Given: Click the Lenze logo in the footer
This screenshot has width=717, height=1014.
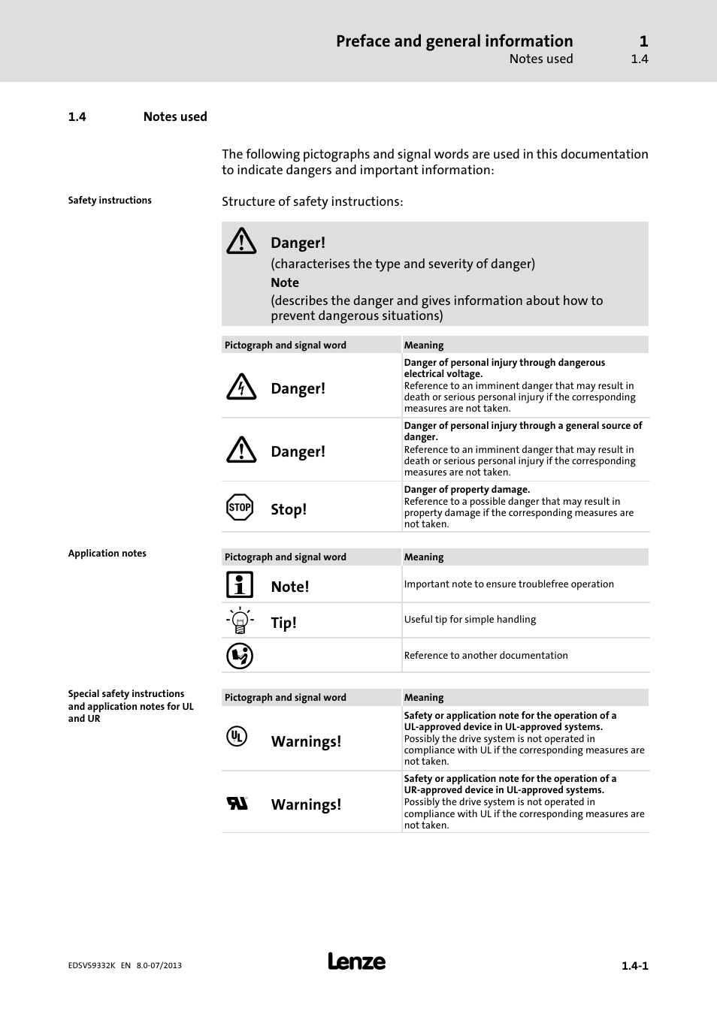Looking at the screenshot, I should [x=356, y=961].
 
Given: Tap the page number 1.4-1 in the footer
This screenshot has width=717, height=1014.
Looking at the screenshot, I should [x=634, y=966].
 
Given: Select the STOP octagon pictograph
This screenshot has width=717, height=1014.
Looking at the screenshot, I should [x=240, y=507].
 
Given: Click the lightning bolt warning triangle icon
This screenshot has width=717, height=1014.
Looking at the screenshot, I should [x=241, y=387].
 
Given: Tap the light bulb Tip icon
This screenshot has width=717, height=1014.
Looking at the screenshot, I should [x=240, y=620].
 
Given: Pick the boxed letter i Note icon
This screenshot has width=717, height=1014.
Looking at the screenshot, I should [x=240, y=584].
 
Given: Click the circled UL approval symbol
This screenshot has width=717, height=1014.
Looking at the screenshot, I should [x=237, y=736].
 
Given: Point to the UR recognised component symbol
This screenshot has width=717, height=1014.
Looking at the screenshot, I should [x=237, y=803].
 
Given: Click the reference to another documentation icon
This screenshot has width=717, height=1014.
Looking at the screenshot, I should [x=240, y=656].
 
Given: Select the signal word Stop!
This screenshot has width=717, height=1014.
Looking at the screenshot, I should [x=289, y=509].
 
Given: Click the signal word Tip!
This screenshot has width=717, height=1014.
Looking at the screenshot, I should [x=283, y=623].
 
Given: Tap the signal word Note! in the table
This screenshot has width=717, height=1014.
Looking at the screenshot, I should [x=290, y=587].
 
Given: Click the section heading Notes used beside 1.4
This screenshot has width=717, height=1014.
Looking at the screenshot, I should [x=175, y=116].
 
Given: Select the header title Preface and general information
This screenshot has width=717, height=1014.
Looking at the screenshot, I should [x=454, y=41].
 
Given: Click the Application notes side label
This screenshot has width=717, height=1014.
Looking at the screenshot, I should [x=107, y=554].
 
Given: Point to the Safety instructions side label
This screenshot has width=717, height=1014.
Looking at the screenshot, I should [x=110, y=201].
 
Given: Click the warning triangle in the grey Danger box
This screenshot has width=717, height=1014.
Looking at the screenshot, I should [x=241, y=241].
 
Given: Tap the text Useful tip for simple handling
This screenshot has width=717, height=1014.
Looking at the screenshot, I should [x=470, y=620].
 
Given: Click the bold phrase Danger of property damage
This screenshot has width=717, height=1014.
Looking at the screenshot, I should [x=467, y=490].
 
